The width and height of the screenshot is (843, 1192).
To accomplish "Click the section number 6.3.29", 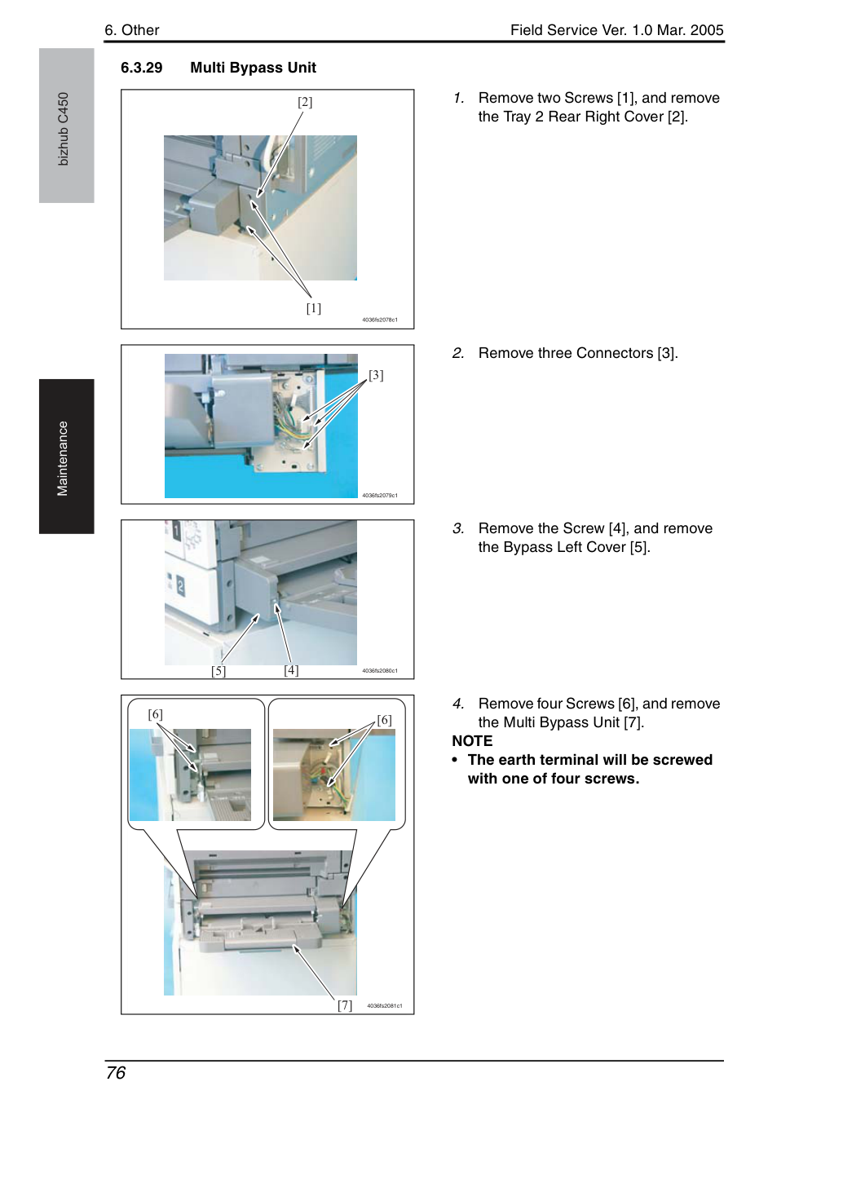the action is (141, 68).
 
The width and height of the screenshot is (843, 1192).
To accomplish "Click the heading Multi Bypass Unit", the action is (253, 68).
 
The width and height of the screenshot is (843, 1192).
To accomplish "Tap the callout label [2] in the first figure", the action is (305, 102).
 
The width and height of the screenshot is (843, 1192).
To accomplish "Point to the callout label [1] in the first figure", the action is (313, 308).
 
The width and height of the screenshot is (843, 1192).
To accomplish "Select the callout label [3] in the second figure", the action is (376, 375).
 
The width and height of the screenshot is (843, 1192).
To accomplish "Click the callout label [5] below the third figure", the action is (218, 671).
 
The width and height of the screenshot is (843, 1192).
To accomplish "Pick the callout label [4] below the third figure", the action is (291, 670).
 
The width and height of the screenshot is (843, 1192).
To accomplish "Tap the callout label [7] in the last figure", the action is (345, 1005).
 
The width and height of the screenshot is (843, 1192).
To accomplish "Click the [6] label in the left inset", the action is (156, 714).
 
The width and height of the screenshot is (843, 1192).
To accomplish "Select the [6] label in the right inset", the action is (384, 720).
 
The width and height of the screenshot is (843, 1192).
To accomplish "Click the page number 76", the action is (116, 1073).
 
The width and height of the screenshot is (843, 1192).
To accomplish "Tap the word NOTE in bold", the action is (472, 741).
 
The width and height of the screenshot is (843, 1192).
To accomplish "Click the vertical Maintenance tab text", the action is (62, 458).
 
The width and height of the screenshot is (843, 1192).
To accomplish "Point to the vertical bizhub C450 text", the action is (63, 129).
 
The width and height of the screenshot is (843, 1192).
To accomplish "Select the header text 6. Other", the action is (131, 30).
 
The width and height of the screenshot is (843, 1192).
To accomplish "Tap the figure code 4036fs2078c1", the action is (380, 320).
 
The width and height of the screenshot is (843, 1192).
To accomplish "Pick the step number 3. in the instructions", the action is (458, 528).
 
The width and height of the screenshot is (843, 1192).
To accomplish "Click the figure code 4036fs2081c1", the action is (385, 1006).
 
